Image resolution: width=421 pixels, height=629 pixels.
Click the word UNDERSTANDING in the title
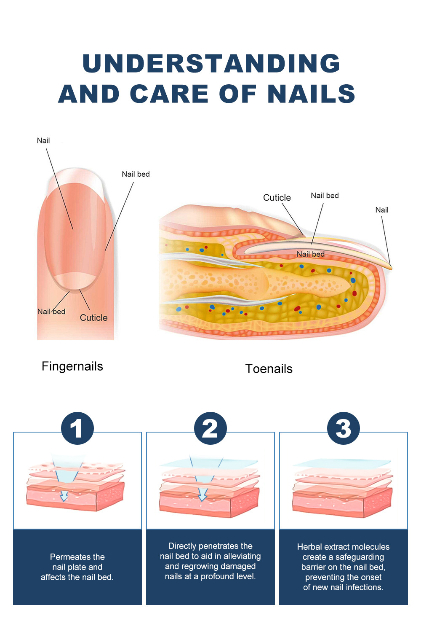click(211, 63)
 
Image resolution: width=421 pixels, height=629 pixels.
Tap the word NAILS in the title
click(312, 94)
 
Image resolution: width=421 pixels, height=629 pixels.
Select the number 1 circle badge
click(77, 428)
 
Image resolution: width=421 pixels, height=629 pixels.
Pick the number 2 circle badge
click(210, 428)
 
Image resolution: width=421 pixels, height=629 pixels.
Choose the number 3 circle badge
click(343, 428)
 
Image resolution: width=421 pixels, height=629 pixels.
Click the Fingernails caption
click(72, 366)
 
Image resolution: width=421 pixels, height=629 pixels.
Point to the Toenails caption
click(269, 369)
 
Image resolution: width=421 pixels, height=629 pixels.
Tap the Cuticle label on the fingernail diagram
click(94, 317)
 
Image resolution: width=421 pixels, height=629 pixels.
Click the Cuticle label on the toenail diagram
click(277, 197)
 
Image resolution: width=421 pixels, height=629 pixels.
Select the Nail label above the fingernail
click(43, 140)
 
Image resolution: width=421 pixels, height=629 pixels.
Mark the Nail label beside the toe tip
click(382, 210)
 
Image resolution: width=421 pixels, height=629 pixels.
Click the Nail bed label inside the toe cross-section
click(311, 254)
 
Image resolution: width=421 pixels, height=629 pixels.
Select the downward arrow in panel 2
click(202, 497)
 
